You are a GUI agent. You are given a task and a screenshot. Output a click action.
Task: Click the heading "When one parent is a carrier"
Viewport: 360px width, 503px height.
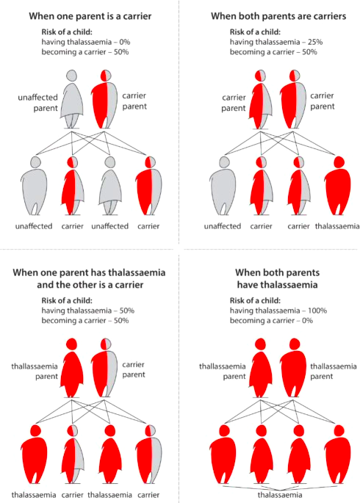point(90,16)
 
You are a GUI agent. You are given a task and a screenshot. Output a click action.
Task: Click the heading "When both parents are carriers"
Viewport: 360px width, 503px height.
point(278,16)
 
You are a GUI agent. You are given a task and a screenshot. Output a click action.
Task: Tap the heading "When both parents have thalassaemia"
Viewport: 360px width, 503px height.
point(278,278)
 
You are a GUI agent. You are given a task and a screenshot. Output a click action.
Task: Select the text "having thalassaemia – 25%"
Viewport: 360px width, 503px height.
point(276,42)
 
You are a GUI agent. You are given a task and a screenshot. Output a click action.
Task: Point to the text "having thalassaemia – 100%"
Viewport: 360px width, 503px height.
point(278,311)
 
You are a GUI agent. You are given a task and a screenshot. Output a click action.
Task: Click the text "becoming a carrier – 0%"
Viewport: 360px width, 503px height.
point(271,320)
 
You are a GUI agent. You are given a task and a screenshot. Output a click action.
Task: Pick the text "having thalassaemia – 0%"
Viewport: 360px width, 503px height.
point(86,42)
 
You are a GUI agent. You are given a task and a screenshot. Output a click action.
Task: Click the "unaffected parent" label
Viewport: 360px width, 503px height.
point(38,103)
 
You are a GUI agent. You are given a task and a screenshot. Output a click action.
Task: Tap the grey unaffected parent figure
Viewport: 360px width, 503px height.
point(71,99)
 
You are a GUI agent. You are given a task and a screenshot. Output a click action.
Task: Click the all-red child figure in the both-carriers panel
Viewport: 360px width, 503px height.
point(338,186)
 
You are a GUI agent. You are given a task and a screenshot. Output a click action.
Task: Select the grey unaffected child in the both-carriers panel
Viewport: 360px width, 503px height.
point(223,186)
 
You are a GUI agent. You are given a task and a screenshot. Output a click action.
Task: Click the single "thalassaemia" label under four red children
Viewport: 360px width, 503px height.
point(279,495)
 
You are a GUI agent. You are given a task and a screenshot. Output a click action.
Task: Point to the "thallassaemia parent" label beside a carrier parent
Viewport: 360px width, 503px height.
point(35,371)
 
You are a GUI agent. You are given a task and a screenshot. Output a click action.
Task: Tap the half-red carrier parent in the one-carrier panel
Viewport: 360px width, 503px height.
point(104,99)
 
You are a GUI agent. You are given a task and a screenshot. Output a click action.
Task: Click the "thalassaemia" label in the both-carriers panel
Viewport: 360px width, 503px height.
point(337,226)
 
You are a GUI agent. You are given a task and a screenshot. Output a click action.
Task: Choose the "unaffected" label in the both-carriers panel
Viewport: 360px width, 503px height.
point(223,226)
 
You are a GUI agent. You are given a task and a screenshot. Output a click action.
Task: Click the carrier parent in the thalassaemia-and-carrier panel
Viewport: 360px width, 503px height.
point(104,368)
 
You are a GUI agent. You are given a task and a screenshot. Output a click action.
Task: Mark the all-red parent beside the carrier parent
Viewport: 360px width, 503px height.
point(71,368)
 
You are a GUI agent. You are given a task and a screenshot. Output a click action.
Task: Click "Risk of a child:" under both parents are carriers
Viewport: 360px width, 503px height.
point(255,32)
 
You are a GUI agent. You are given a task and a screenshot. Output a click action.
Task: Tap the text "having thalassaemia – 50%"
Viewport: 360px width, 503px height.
point(88,311)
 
